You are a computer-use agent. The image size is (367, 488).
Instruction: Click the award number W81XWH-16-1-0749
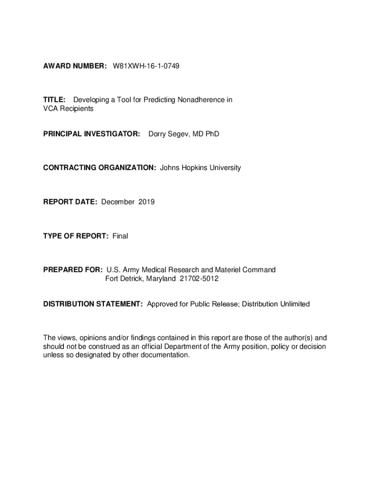click(146, 65)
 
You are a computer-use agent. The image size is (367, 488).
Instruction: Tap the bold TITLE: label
click(54, 100)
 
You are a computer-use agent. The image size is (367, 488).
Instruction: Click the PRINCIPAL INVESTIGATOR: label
click(92, 134)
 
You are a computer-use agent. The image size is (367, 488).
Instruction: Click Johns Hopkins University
click(201, 167)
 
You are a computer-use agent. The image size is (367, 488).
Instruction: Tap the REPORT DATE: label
click(71, 202)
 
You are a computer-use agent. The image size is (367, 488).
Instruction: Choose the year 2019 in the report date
click(146, 202)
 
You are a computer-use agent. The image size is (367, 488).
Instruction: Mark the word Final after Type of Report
click(120, 236)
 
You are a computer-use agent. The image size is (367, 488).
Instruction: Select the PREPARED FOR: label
click(73, 270)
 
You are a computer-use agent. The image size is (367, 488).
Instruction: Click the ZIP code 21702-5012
click(199, 278)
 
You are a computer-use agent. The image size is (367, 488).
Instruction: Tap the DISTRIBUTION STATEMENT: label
click(93, 304)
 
